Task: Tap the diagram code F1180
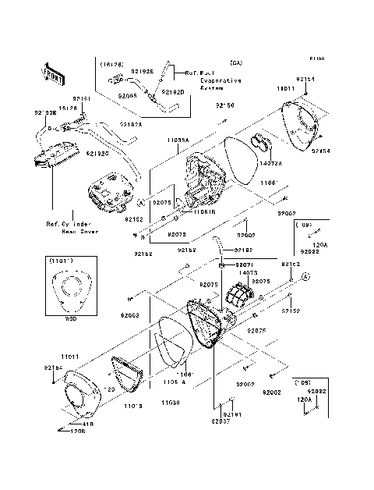coord(316,59)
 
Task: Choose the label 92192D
coord(173,92)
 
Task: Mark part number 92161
coord(83,99)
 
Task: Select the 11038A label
coord(178,139)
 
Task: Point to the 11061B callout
coord(183,211)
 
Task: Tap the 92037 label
coord(220,421)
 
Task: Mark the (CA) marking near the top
coord(235,62)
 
